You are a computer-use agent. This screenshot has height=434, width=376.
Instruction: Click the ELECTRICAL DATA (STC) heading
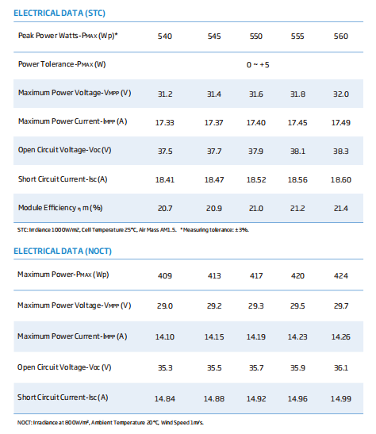coord(59,13)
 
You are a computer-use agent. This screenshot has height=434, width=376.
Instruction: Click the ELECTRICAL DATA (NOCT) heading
coord(63,251)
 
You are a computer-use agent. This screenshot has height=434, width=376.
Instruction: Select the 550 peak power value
coord(256,36)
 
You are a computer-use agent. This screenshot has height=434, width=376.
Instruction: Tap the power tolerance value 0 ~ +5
coord(258,65)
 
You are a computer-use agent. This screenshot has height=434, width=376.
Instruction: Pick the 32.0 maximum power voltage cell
coord(341,94)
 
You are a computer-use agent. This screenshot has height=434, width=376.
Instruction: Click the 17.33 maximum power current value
coord(165,123)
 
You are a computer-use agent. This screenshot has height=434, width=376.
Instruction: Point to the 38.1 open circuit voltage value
coord(297,151)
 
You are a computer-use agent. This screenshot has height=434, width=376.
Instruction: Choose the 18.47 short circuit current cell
coord(214,180)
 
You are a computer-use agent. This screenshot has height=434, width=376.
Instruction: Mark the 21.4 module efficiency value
coord(341,209)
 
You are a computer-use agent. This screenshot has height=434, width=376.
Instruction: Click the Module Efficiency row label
coord(60,208)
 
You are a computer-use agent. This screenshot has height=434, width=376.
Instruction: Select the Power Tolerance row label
coord(62,64)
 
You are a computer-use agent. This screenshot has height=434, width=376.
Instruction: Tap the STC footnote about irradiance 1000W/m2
coord(133,230)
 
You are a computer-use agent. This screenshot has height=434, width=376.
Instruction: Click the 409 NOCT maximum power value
coord(165,275)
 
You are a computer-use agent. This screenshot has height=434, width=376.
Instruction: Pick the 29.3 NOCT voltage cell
coord(256,305)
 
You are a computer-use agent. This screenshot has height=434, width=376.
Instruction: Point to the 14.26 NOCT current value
coord(341,337)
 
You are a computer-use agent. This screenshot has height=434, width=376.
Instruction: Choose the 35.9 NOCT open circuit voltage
coord(297,368)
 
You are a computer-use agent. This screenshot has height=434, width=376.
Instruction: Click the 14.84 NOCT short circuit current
coord(165,399)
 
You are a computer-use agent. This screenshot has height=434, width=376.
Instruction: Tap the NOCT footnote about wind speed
coord(110,423)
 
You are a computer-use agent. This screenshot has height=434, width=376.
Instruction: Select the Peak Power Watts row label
coord(68,36)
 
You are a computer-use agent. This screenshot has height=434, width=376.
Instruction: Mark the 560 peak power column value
coord(341,36)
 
